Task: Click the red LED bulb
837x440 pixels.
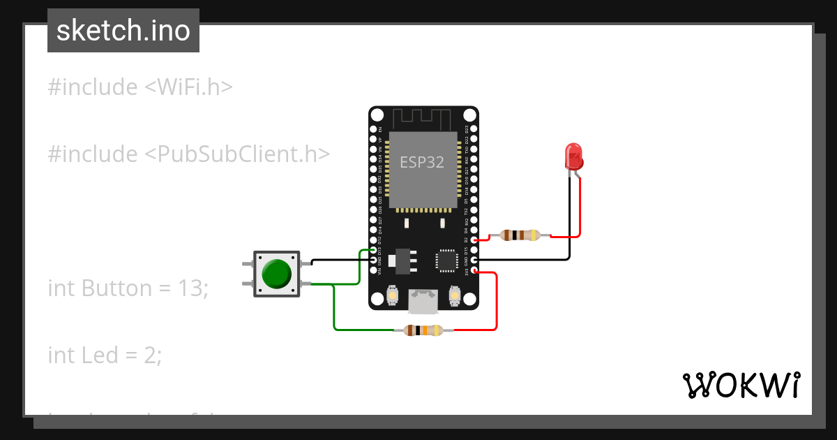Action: [x=574, y=155]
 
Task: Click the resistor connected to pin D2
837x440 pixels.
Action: [x=520, y=235]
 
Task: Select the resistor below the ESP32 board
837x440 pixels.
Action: [x=423, y=330]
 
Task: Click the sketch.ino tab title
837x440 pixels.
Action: [x=123, y=31]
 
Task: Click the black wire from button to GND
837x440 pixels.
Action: [x=335, y=262]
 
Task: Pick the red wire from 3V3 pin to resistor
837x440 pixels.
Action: [x=496, y=300]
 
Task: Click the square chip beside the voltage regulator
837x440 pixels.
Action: [x=446, y=260]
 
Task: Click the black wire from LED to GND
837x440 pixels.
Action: [x=530, y=261]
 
